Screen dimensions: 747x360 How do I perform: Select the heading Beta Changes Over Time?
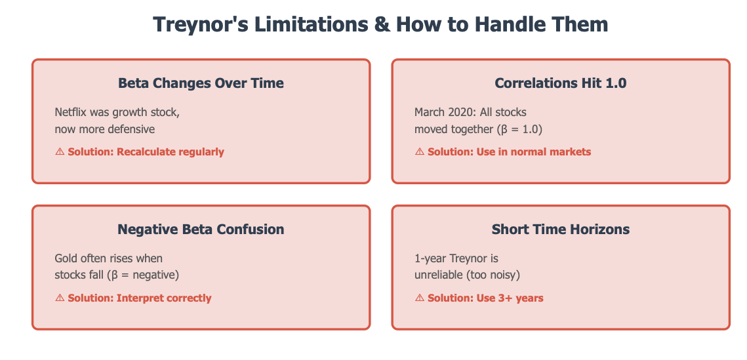[201, 83]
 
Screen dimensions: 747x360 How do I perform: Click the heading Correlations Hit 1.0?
[560, 83]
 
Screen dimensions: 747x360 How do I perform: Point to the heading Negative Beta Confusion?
[201, 230]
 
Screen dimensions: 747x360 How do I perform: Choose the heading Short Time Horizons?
[560, 230]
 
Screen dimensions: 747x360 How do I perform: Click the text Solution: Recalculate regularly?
[146, 152]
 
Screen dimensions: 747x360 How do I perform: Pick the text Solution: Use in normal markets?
[510, 152]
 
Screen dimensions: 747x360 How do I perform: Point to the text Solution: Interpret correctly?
[140, 298]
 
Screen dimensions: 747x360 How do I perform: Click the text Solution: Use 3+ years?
[485, 298]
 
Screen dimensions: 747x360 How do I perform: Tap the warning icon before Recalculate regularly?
[60, 152]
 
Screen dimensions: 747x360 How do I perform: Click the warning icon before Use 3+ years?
[420, 298]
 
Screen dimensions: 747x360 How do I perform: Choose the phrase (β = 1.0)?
[525, 129]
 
